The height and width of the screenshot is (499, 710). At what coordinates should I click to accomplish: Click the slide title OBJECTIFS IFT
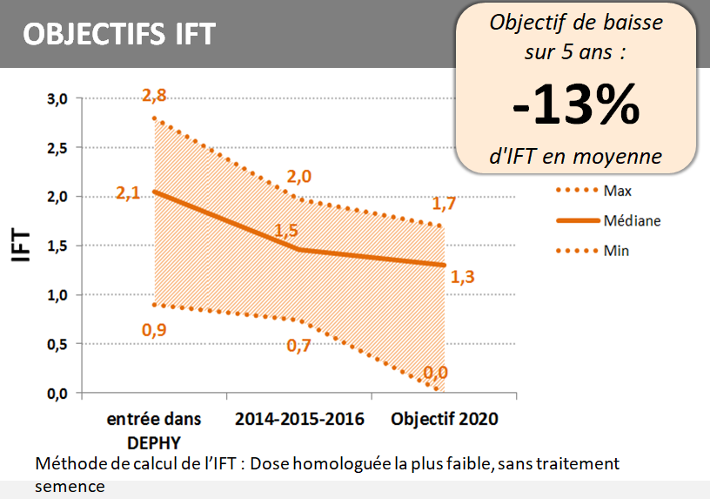click(x=118, y=34)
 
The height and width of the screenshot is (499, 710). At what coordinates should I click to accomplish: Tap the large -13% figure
click(x=576, y=106)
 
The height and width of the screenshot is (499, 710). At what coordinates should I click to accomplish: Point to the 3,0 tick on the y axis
click(x=57, y=98)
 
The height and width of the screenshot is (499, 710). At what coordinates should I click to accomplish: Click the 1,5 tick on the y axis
click(x=57, y=246)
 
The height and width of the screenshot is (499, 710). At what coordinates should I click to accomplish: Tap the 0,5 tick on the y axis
click(x=57, y=344)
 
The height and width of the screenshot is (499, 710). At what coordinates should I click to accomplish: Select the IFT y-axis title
click(x=21, y=246)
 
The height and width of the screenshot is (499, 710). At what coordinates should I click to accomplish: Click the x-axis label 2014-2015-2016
click(x=299, y=419)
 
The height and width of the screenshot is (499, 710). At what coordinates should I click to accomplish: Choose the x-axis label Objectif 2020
click(x=445, y=419)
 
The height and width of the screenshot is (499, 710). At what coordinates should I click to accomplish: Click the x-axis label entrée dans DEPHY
click(x=154, y=429)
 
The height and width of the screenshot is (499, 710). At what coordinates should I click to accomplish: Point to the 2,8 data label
click(x=154, y=96)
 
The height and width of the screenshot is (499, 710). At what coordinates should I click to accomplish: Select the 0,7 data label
click(x=299, y=345)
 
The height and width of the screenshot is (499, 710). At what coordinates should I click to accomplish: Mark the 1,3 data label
click(x=463, y=278)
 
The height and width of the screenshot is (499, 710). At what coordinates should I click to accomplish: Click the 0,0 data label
click(x=435, y=373)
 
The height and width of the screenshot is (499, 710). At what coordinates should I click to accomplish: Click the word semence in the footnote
click(x=70, y=486)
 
